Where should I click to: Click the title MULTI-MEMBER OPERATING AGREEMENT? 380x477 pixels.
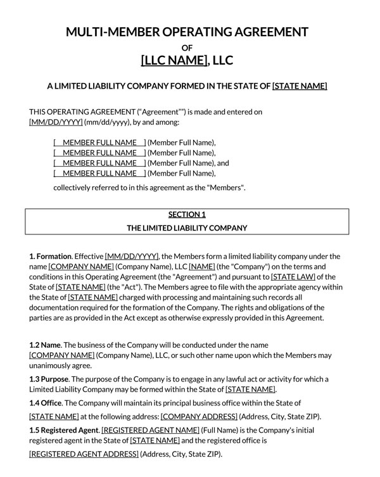point(187,32)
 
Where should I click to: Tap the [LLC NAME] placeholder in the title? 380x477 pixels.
point(174,61)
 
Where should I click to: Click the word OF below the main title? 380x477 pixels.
point(187,48)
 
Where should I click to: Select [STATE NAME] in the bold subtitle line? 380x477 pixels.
point(300,86)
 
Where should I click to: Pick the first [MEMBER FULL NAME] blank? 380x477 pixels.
point(100,143)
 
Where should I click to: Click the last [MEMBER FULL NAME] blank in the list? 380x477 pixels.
point(100,173)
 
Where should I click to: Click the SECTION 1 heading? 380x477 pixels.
point(187,214)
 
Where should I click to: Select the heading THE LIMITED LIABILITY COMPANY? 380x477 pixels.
point(187,227)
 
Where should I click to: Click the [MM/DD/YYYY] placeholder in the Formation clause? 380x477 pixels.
point(132,257)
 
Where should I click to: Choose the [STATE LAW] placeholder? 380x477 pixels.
point(294,277)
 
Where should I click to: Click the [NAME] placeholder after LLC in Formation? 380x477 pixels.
point(202,267)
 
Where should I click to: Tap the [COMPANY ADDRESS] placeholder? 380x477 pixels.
point(199,416)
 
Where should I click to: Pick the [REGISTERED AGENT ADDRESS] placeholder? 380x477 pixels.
point(84,454)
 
